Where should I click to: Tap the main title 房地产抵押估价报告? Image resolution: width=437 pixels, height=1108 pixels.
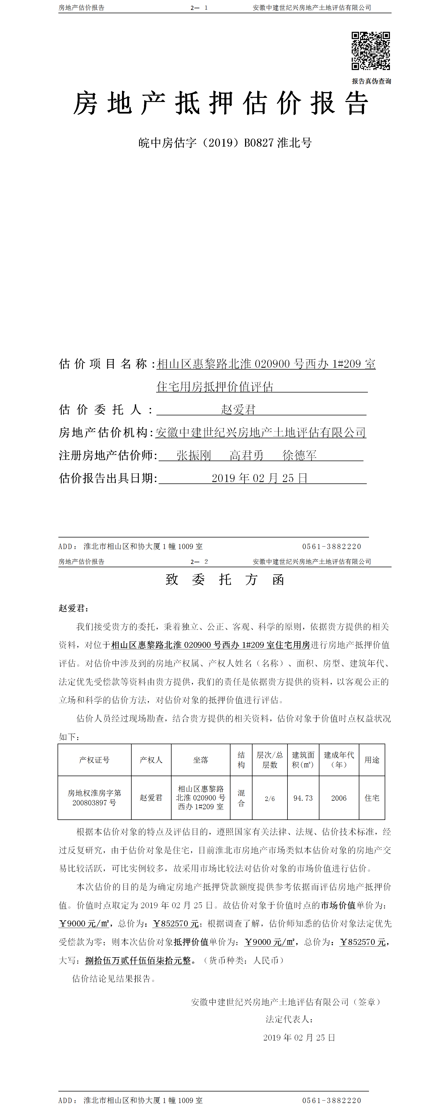221,104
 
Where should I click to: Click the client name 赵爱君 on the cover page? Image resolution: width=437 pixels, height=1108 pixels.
238,410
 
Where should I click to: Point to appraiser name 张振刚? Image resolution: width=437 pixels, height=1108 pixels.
194,455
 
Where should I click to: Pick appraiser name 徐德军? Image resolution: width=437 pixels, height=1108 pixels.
300,455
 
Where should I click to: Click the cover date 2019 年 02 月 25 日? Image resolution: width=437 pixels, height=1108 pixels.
260,478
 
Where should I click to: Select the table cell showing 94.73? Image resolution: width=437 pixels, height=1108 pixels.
303,798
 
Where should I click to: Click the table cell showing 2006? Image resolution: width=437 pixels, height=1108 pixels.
339,798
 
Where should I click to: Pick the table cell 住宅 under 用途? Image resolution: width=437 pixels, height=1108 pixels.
372,798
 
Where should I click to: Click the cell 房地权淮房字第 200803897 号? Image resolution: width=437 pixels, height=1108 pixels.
94,798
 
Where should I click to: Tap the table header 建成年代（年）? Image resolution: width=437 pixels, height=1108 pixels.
339,760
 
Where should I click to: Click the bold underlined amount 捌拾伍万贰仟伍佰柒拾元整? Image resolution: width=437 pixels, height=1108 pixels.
138,961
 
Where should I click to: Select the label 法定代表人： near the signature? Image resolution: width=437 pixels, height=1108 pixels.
289,1019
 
